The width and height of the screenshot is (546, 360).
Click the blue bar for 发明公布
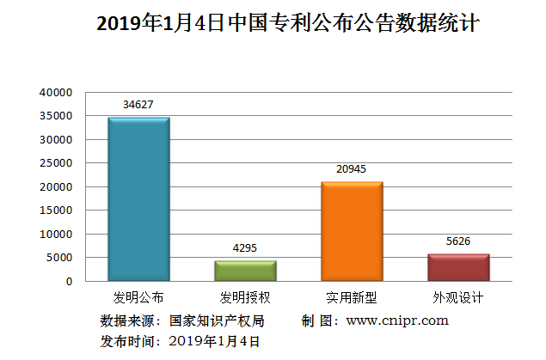[138, 199]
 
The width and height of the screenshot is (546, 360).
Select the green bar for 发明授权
[245, 271]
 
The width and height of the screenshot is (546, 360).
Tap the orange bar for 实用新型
[352, 231]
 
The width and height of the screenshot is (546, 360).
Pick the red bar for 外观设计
[458, 267]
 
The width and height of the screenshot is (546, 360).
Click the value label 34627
[138, 105]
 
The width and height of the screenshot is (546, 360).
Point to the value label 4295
[245, 248]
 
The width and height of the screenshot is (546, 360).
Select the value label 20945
[352, 169]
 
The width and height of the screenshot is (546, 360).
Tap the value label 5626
[458, 241]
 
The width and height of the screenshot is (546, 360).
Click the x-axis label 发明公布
[138, 299]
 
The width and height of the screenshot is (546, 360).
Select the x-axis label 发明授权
[245, 299]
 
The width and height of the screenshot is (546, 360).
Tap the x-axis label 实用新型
[352, 299]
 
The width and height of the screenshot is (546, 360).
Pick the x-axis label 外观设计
[458, 299]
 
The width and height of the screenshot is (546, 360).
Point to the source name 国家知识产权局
[217, 320]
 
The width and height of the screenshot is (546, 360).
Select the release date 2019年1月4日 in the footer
[214, 341]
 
